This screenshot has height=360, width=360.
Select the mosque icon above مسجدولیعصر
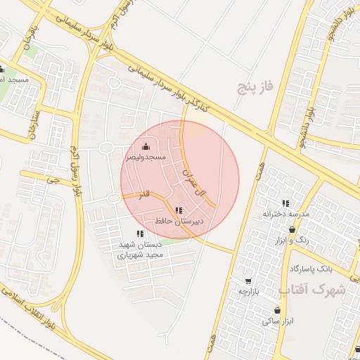[146, 146]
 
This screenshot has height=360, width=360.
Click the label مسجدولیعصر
[146, 157]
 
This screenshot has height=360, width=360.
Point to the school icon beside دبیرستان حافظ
[179, 210]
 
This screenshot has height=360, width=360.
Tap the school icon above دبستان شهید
[140, 233]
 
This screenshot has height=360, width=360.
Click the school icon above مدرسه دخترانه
[285, 203]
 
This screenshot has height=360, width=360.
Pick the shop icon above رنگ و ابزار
[292, 229]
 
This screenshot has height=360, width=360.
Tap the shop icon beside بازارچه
[238, 281]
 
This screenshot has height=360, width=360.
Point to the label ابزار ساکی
[277, 321]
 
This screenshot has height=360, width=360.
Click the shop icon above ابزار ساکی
[277, 310]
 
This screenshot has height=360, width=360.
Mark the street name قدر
[146, 193]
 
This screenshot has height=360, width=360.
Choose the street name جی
[49, 180]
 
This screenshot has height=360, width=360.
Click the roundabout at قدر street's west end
[113, 198]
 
